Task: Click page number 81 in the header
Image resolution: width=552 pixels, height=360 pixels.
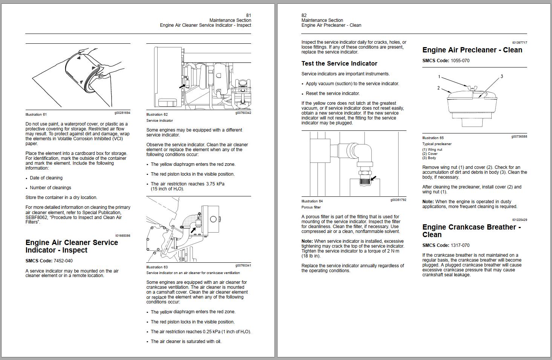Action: [x=248, y=15]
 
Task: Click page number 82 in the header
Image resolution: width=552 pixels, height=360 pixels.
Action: [x=304, y=15]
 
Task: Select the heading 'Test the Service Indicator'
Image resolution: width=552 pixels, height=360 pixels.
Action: [x=339, y=64]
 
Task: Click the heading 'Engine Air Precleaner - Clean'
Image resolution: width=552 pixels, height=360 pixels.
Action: [x=472, y=50]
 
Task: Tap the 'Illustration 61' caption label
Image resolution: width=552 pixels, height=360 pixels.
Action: [x=36, y=115]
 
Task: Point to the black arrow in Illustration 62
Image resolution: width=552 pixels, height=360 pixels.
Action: [x=182, y=86]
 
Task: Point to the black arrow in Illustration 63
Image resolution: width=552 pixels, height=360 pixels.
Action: [x=193, y=229]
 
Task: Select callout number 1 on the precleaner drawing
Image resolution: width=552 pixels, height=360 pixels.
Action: [x=439, y=77]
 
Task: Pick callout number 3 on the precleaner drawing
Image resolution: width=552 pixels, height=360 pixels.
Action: [x=501, y=77]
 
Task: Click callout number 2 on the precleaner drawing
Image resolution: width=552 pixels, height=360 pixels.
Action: [x=439, y=88]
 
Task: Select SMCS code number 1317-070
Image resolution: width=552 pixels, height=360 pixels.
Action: [x=460, y=245]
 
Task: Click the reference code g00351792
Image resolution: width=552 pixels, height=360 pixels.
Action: [x=398, y=200]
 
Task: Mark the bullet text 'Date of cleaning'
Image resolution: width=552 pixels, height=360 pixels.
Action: [x=46, y=178]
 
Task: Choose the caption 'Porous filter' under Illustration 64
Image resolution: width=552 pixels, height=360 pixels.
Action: [x=311, y=207]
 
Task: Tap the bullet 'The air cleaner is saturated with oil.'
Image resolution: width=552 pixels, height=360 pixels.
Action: [x=186, y=342]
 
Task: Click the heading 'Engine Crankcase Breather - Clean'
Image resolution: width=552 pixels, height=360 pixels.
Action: [x=471, y=231]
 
